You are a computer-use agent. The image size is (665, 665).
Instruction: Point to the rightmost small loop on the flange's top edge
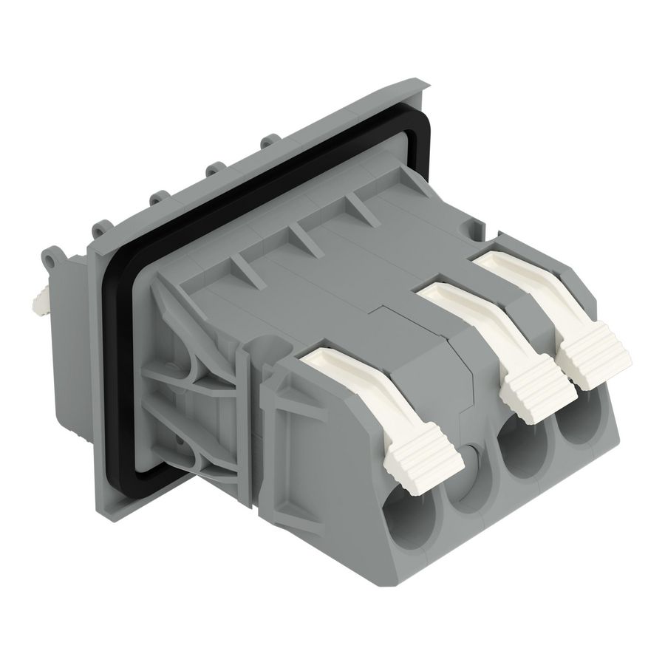[x=270, y=140]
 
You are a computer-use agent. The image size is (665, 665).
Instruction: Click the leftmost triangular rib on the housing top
[x=243, y=270]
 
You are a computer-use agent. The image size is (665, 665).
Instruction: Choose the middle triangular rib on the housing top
[x=302, y=236]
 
